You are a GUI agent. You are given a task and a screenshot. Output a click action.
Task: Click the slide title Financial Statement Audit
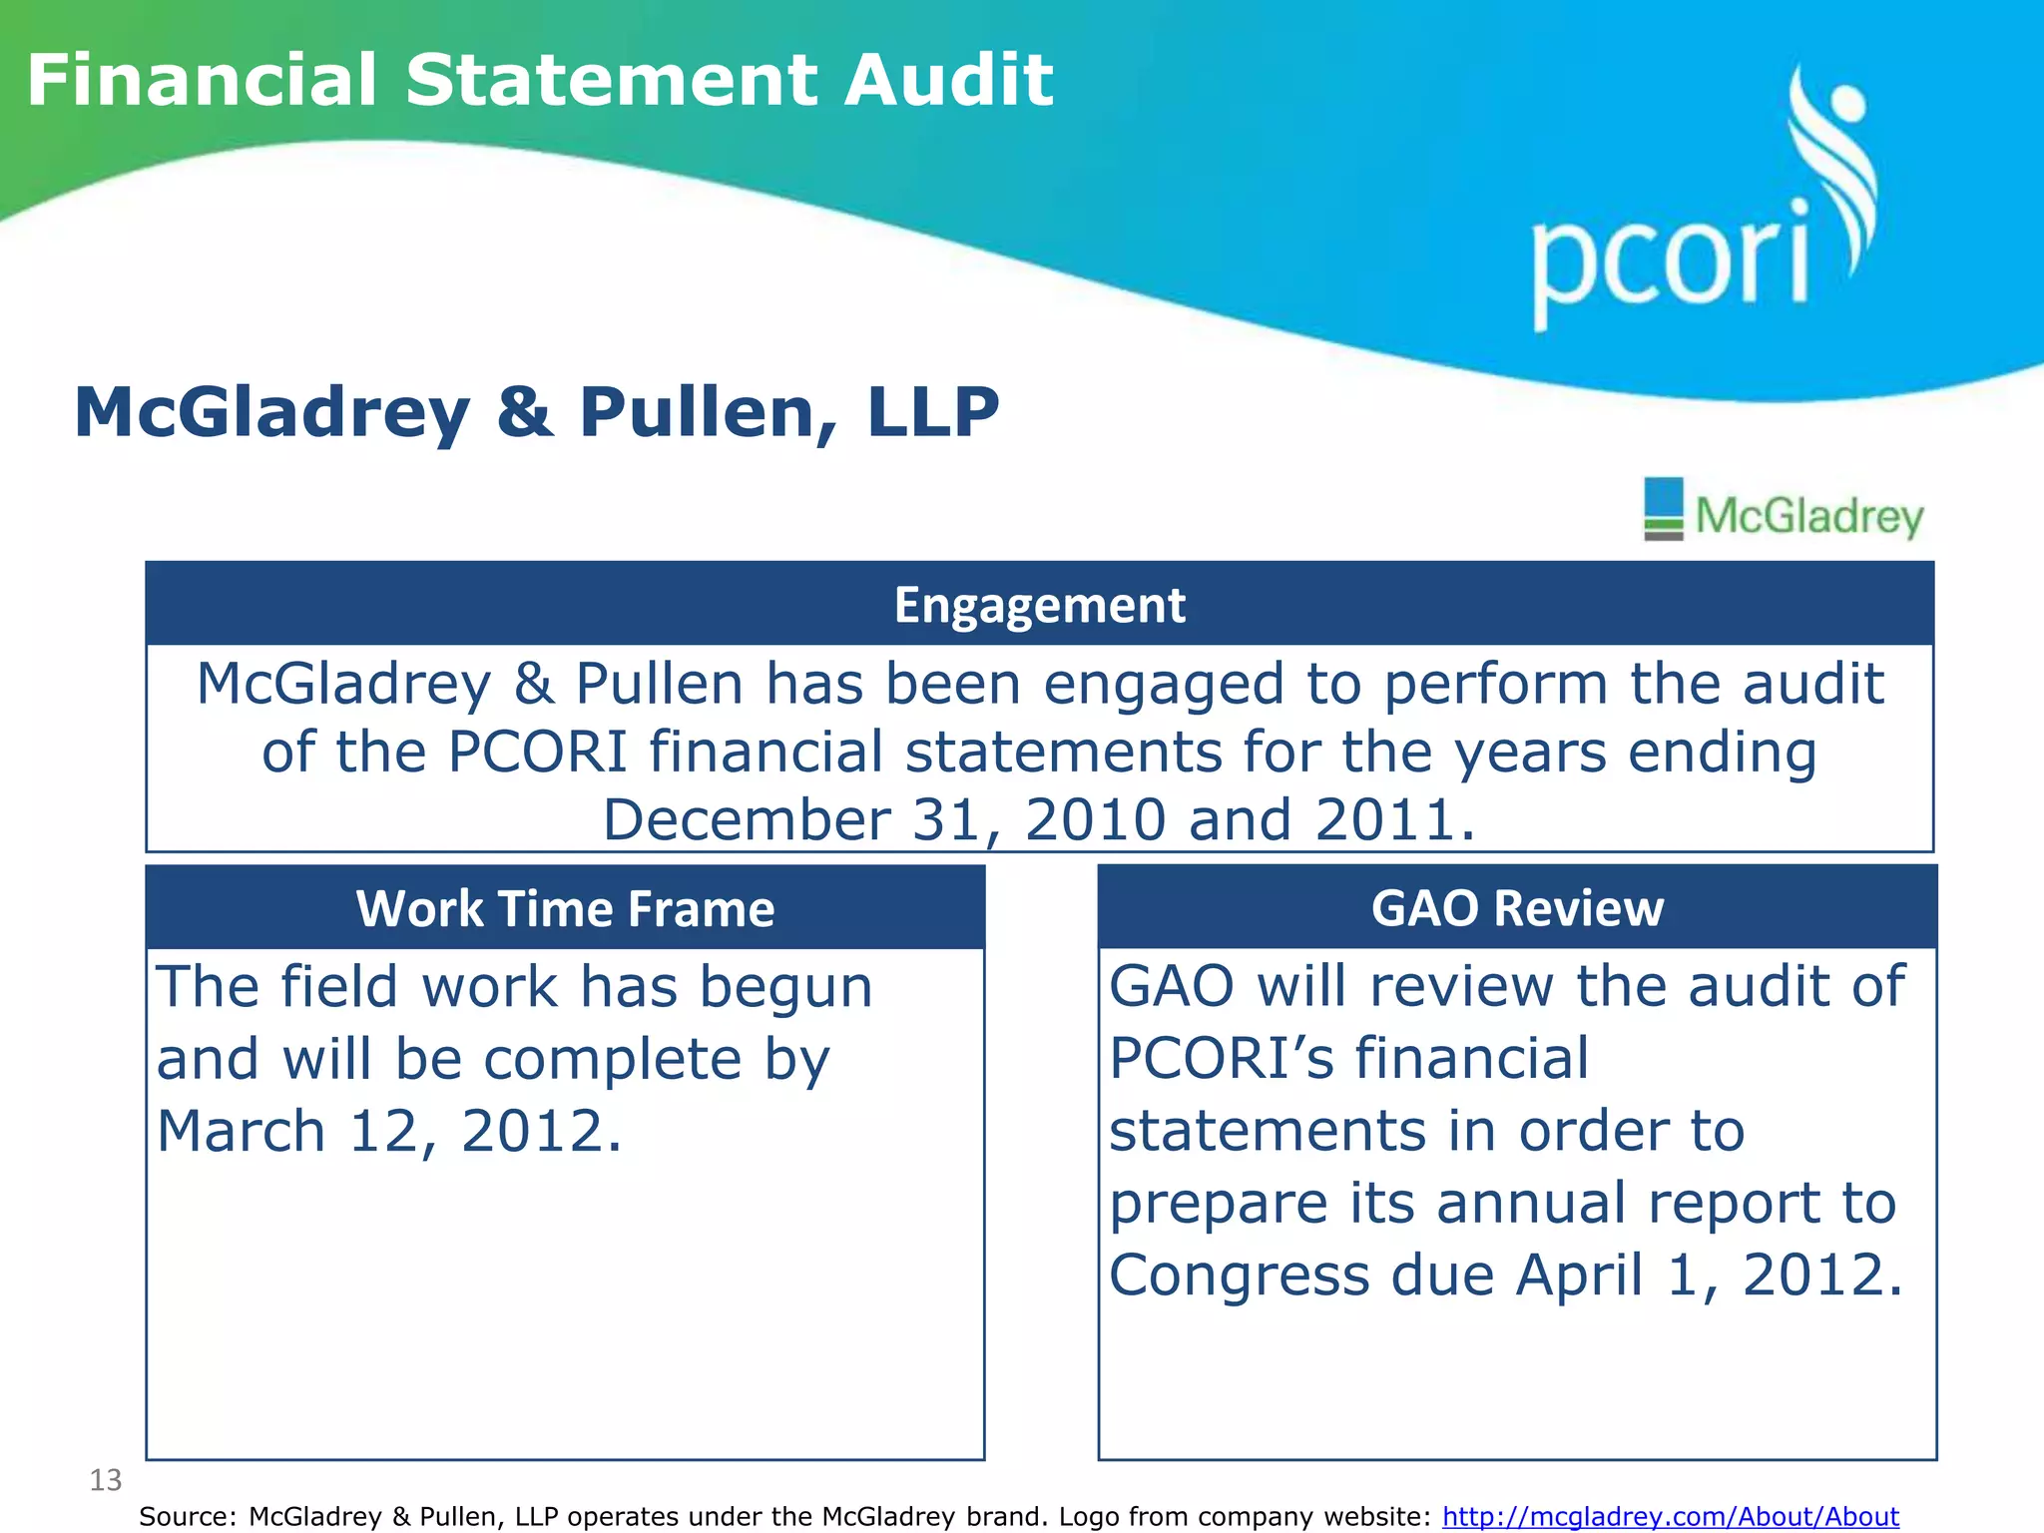point(539,80)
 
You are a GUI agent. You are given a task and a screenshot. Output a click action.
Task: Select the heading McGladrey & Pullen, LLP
point(536,412)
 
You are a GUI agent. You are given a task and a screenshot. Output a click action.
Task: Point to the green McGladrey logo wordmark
point(1808,517)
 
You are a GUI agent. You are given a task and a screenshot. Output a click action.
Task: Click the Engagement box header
point(1039,605)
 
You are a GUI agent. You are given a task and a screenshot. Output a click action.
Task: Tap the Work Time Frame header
point(565,908)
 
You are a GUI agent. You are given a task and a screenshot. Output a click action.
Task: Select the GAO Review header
point(1516,908)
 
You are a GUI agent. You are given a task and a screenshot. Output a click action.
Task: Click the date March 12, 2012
point(389,1132)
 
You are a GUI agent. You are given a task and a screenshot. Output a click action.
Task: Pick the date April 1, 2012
point(1709,1276)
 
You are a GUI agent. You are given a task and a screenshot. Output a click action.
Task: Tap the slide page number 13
point(105,1480)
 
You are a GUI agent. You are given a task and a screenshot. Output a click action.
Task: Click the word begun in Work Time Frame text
point(785,987)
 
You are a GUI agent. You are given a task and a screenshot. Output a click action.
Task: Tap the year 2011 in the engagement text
point(1394,820)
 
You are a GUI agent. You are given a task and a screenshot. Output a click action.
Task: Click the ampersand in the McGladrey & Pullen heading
point(525,413)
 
